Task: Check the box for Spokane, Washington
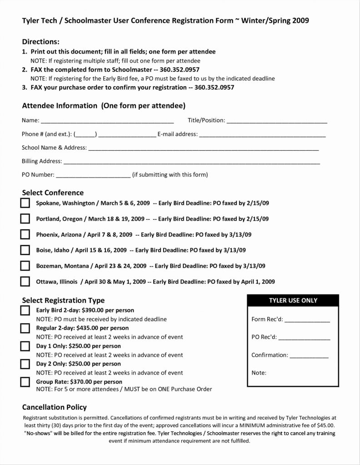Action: (x=25, y=203)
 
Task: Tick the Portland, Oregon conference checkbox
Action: (x=25, y=219)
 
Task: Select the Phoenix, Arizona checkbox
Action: (x=25, y=234)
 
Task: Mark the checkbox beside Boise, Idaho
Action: (x=25, y=250)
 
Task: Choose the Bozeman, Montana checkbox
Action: (x=25, y=266)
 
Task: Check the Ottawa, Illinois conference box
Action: (x=25, y=282)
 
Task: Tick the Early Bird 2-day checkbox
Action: (x=25, y=311)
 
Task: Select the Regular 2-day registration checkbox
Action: (x=25, y=328)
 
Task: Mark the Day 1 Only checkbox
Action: (x=25, y=346)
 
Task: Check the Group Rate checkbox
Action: (x=25, y=381)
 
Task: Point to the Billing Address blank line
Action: (x=191, y=162)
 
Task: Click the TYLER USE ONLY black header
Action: (x=293, y=301)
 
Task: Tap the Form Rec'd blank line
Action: (x=307, y=320)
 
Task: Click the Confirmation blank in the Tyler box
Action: (x=309, y=356)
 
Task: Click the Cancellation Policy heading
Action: (x=55, y=407)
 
